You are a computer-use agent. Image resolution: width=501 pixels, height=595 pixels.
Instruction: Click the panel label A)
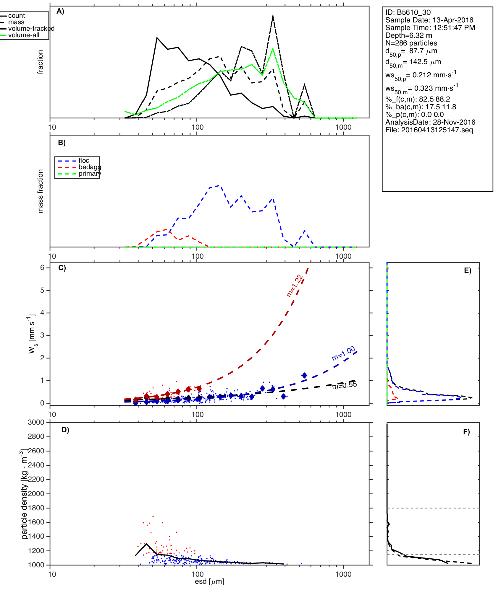pyautogui.click(x=60, y=11)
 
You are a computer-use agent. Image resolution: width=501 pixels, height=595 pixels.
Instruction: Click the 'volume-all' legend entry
pyautogui.click(x=24, y=35)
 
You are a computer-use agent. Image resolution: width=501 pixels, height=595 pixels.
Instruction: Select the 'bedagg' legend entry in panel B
pyautogui.click(x=90, y=167)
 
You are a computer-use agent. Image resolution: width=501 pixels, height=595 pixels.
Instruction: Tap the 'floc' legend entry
pyautogui.click(x=84, y=161)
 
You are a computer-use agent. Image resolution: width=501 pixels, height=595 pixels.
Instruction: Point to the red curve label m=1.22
pyautogui.click(x=295, y=286)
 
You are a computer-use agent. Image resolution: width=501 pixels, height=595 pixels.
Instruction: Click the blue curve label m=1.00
pyautogui.click(x=343, y=353)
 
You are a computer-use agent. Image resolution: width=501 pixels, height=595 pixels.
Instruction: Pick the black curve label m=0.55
pyautogui.click(x=344, y=385)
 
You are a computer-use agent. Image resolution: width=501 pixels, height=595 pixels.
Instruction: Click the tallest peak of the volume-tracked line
pyautogui.click(x=273, y=16)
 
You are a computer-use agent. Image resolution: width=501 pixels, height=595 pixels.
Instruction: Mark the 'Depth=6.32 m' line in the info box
pyautogui.click(x=408, y=35)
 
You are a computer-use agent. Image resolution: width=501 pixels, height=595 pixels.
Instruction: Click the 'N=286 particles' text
pyautogui.click(x=411, y=43)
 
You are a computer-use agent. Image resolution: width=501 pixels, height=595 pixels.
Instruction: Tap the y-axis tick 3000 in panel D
pyautogui.click(x=36, y=422)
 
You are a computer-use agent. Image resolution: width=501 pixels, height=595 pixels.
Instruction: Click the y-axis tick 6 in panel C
pyautogui.click(x=42, y=268)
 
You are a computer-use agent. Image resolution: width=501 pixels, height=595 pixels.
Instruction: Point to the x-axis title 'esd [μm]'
pyautogui.click(x=209, y=581)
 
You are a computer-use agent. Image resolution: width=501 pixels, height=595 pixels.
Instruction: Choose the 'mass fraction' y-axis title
pyautogui.click(x=41, y=191)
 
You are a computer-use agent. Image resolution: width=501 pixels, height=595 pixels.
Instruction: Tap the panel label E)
pyautogui.click(x=468, y=271)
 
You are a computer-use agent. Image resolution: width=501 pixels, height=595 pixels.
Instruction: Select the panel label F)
pyautogui.click(x=466, y=432)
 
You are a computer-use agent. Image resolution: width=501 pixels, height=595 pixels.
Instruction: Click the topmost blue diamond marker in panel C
pyautogui.click(x=304, y=375)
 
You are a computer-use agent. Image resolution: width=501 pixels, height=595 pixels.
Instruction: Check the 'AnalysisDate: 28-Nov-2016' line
pyautogui.click(x=430, y=122)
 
